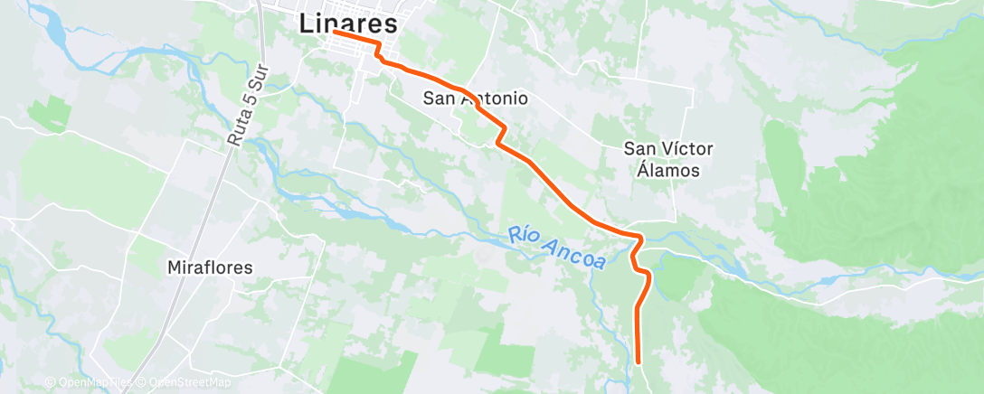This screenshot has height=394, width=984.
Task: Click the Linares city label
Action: click(348, 23)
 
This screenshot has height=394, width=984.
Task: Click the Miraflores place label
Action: click(210, 267)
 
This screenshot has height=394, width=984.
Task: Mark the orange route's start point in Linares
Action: click(335, 32)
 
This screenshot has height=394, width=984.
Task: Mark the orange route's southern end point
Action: click(639, 362)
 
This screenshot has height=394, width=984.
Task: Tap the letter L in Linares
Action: click(307, 23)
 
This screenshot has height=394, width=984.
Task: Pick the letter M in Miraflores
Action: click(175, 267)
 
